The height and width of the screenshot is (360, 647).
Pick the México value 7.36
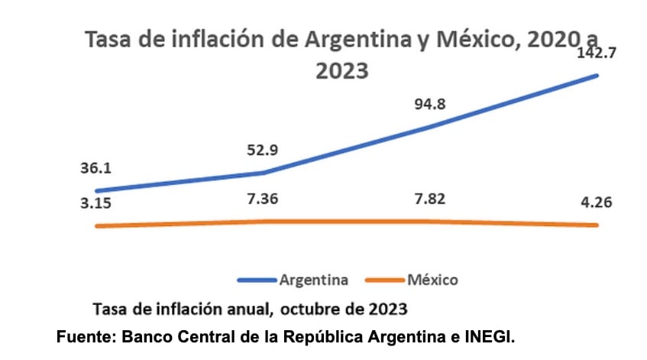click(x=263, y=199)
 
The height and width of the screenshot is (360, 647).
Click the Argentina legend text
click(x=314, y=280)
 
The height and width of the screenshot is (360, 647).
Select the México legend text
click(x=432, y=280)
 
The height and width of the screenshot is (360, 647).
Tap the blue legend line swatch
click(x=257, y=281)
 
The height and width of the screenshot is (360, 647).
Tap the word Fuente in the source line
click(x=85, y=336)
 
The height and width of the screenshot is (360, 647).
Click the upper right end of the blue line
click(x=597, y=75)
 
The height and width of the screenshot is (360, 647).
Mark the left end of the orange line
click(x=96, y=226)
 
